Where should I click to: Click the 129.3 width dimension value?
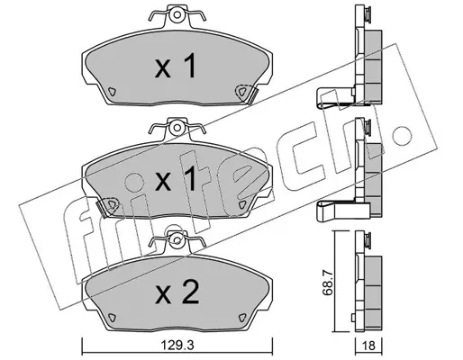coord(177,345)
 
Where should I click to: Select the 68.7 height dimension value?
coord(326,282)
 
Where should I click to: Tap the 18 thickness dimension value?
coord(368,346)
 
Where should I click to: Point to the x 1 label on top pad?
coord(176,66)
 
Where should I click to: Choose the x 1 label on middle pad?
coord(176,179)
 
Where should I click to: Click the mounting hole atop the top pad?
coord(177,14)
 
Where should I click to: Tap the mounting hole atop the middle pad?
coord(177,128)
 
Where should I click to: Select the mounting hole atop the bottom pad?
coord(177,240)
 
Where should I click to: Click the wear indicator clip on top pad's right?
coord(246,94)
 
